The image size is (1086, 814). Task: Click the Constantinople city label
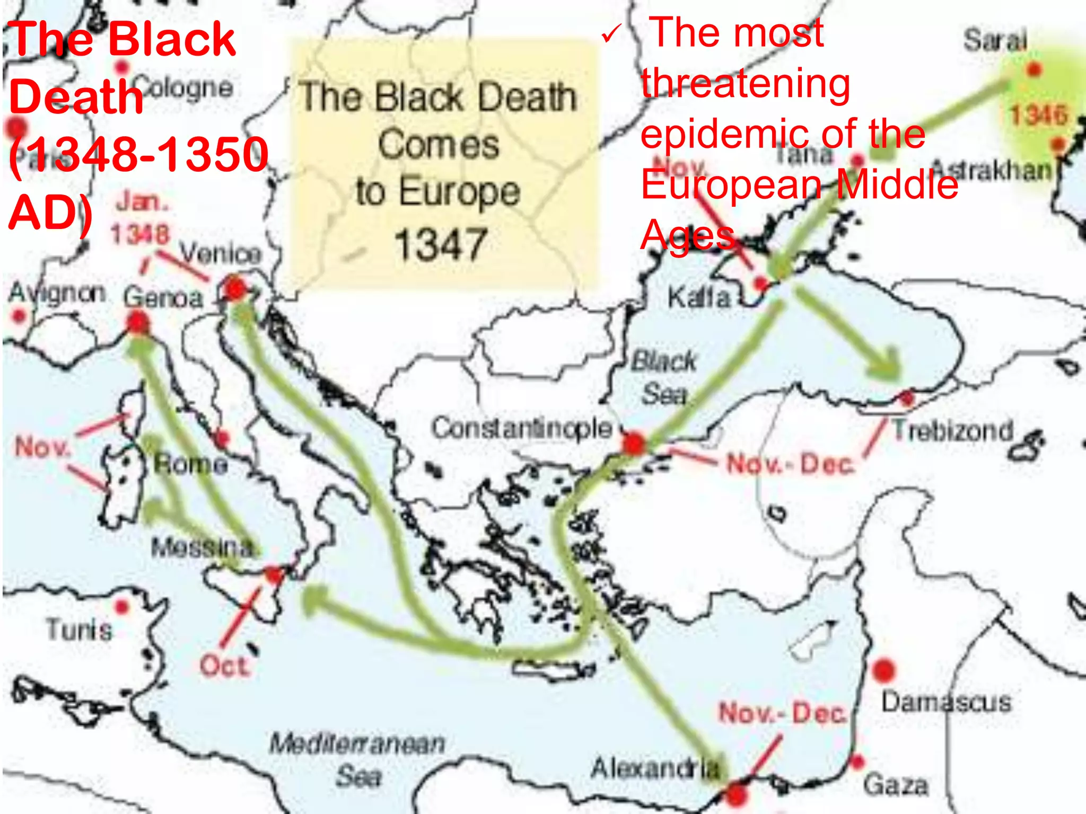pyautogui.click(x=521, y=428)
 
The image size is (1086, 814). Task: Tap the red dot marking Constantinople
pyautogui.click(x=634, y=444)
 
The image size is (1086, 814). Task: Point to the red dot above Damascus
pyautogui.click(x=883, y=670)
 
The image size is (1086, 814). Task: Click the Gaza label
pyautogui.click(x=896, y=785)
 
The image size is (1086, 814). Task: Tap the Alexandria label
pyautogui.click(x=655, y=768)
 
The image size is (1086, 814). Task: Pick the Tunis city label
pyautogui.click(x=79, y=630)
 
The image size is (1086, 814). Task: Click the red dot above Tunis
pyautogui.click(x=122, y=606)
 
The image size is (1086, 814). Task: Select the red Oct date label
pyautogui.click(x=224, y=666)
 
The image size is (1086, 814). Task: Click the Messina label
pyautogui.click(x=203, y=547)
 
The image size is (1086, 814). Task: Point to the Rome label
pyautogui.click(x=191, y=465)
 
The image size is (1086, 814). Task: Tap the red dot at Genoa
pyautogui.click(x=138, y=322)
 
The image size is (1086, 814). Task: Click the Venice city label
pyautogui.click(x=221, y=254)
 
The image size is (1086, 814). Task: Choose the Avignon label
pyautogui.click(x=57, y=293)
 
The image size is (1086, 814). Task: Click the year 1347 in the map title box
pyautogui.click(x=441, y=244)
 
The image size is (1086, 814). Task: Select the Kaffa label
pyautogui.click(x=699, y=298)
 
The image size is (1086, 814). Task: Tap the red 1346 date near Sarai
pyautogui.click(x=1039, y=115)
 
